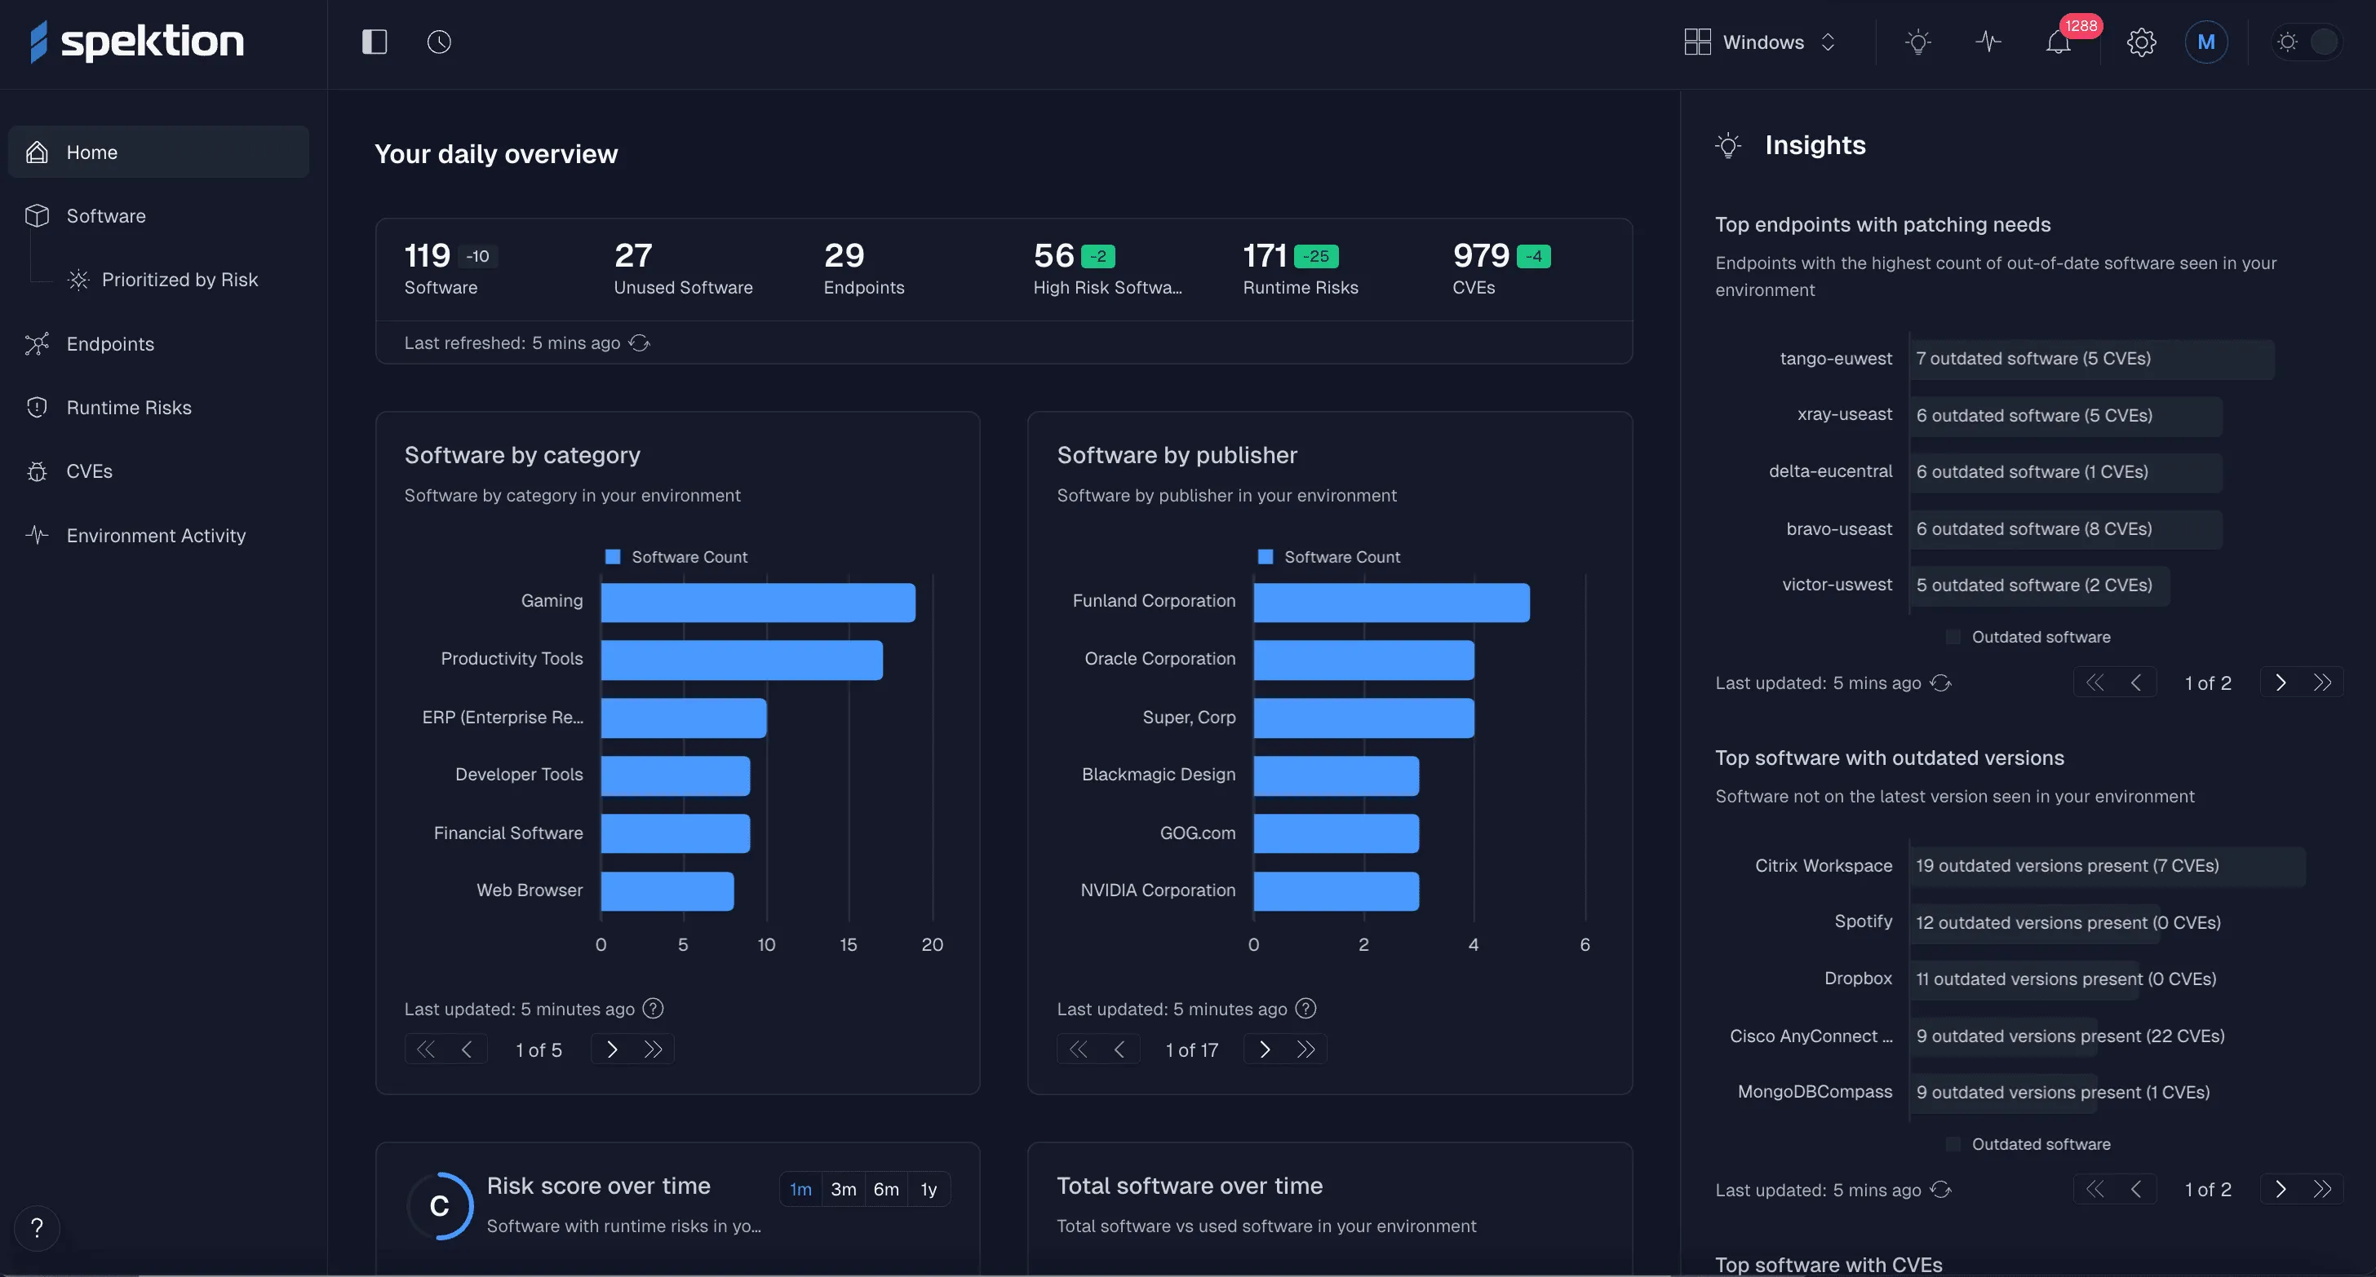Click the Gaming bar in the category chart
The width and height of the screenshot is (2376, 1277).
(757, 602)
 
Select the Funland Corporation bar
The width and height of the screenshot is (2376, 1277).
(1391, 602)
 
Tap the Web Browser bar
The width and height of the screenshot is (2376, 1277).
(667, 890)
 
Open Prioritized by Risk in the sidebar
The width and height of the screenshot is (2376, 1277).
(179, 280)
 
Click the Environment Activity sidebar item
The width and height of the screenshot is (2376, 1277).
(156, 536)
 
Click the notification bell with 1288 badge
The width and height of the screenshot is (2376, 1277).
(2058, 42)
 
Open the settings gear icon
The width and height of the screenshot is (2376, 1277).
(2141, 42)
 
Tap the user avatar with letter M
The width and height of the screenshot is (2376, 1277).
(2205, 42)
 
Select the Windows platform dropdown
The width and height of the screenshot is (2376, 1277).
(1760, 42)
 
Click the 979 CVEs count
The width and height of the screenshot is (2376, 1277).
(1480, 255)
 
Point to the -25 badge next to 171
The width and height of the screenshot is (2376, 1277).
(1316, 256)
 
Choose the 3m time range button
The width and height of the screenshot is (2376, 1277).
(843, 1190)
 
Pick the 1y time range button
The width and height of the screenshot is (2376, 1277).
(928, 1190)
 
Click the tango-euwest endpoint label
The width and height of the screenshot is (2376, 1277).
(1836, 359)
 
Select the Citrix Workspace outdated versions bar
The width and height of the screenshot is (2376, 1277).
(2107, 866)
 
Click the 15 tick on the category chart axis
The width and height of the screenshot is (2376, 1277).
(849, 944)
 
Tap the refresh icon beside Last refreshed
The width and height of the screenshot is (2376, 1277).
(639, 343)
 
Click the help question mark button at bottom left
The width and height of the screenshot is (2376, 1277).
(37, 1228)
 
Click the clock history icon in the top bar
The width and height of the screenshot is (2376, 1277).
(439, 42)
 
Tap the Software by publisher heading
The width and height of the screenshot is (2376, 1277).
(1176, 456)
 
